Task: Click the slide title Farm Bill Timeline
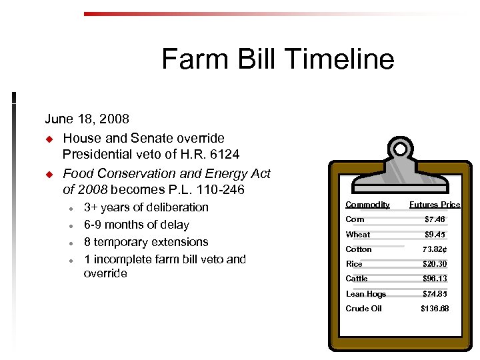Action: click(277, 59)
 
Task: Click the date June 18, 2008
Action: click(87, 119)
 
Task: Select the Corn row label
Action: click(355, 219)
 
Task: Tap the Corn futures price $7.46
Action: click(435, 219)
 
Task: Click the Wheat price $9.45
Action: click(435, 235)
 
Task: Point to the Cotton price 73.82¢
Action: click(435, 249)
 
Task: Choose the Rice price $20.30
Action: click(435, 264)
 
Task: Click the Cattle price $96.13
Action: click(435, 279)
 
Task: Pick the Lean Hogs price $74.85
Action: click(435, 294)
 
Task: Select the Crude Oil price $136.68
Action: click(435, 309)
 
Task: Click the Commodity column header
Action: click(367, 205)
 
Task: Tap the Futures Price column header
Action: click(435, 205)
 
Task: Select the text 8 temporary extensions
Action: click(146, 242)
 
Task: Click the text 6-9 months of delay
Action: click(137, 225)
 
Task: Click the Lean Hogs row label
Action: click(365, 294)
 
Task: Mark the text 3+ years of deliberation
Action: click(146, 207)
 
